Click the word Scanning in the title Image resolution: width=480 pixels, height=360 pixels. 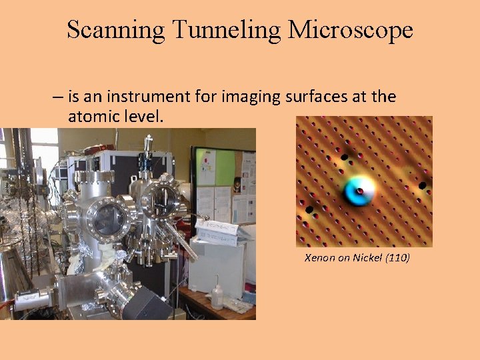pyautogui.click(x=115, y=30)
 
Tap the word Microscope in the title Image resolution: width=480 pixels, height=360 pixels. pyautogui.click(x=351, y=30)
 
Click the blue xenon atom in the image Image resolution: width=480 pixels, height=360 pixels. pyautogui.click(x=358, y=192)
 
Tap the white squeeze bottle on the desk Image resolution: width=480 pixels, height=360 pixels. pyautogui.click(x=217, y=296)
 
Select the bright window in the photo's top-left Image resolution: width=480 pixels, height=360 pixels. pyautogui.click(x=43, y=150)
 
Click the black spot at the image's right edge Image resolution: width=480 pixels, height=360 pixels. pyautogui.click(x=422, y=185)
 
